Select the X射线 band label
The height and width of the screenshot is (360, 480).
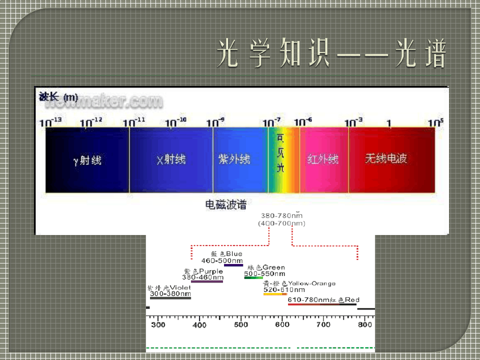pyautogui.click(x=171, y=159)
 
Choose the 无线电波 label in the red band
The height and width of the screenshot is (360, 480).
pyautogui.click(x=386, y=158)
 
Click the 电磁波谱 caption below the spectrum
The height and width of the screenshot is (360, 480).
pyautogui.click(x=226, y=204)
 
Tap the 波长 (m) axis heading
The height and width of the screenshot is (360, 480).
pyautogui.click(x=58, y=96)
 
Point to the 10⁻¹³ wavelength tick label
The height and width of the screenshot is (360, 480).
pyautogui.click(x=47, y=122)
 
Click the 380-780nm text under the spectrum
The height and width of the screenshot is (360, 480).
pyautogui.click(x=281, y=216)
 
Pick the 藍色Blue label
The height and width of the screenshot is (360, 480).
pyautogui.click(x=226, y=254)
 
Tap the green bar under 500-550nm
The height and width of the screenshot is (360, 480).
pyautogui.click(x=253, y=277)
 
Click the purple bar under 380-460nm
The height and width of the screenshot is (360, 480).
pyautogui.click(x=207, y=281)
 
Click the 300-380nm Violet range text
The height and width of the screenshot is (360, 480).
pyautogui.click(x=170, y=294)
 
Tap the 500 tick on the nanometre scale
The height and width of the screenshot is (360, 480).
pyautogui.click(x=241, y=325)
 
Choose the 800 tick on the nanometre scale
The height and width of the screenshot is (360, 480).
pyautogui.click(x=365, y=325)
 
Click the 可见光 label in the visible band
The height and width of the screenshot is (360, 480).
pyautogui.click(x=280, y=153)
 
